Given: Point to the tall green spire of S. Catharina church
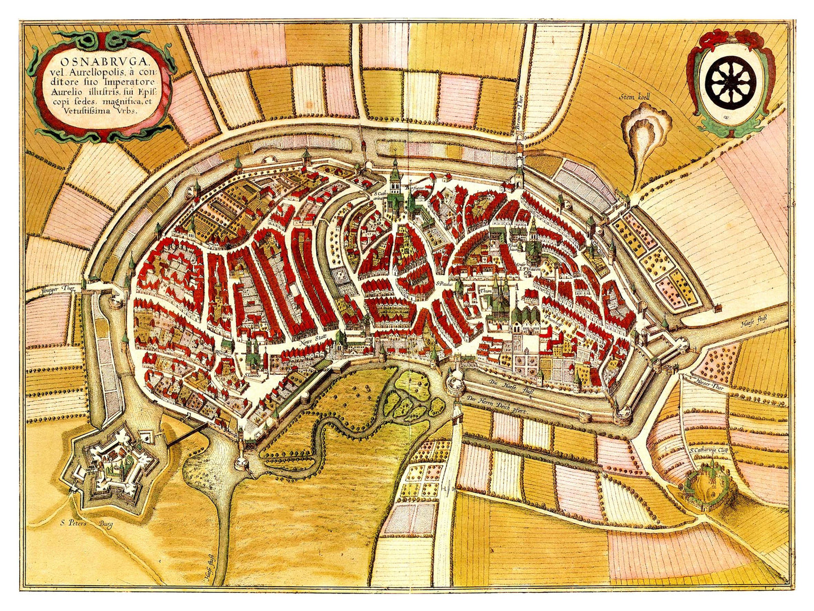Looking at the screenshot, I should [396, 172].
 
